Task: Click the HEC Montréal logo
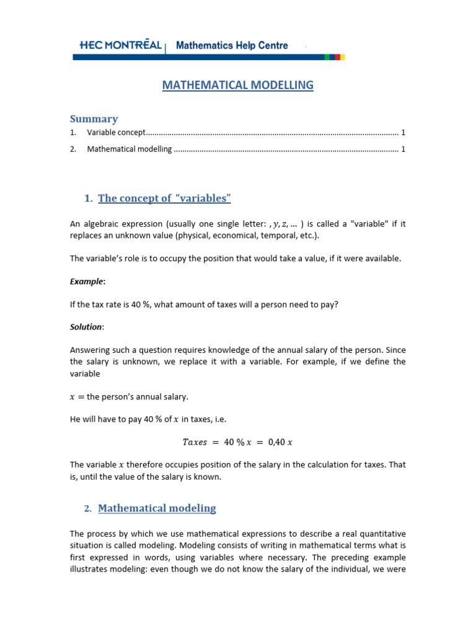pos(121,45)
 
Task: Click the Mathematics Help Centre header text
pos(232,45)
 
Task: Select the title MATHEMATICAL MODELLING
pos(238,85)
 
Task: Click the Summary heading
pos(94,118)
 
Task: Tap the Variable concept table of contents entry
pos(116,132)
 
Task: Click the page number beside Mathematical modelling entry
pos(403,149)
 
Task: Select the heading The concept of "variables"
pos(164,198)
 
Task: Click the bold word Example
pos(86,282)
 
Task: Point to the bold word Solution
pos(86,327)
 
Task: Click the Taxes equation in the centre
pos(237,441)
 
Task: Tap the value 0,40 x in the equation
pos(280,441)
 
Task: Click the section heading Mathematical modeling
pos(157,508)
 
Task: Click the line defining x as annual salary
pos(129,396)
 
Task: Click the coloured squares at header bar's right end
pos(335,57)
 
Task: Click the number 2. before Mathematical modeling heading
pos(88,509)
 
